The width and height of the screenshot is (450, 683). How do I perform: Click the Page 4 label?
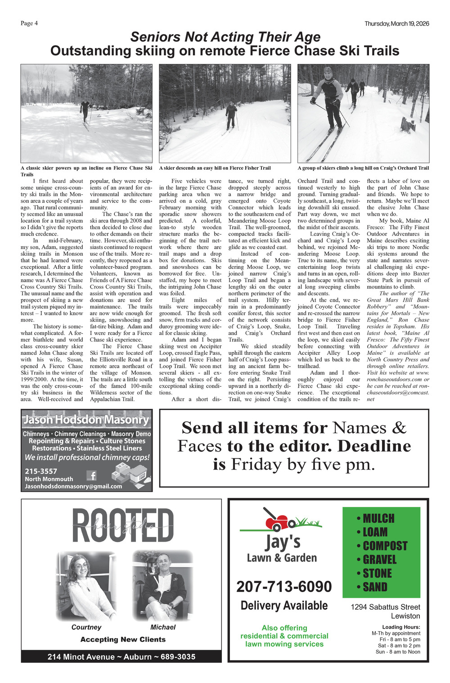click(29, 23)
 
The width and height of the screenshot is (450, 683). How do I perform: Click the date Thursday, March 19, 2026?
click(396, 23)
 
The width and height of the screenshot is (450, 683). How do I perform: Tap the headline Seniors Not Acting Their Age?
click(225, 37)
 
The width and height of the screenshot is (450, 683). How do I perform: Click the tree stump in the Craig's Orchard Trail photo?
click(408, 125)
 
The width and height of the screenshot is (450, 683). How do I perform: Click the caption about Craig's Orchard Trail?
click(363, 168)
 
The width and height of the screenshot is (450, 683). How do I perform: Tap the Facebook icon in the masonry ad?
click(92, 475)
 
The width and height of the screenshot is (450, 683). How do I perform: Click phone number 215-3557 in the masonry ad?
click(41, 471)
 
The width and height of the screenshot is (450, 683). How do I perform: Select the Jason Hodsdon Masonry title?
click(86, 420)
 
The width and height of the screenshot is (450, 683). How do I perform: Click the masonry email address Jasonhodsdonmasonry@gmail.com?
click(73, 486)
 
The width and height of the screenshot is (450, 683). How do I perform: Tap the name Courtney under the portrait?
click(86, 627)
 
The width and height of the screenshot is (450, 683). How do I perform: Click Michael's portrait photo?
click(163, 585)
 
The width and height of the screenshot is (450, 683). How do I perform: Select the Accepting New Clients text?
click(123, 639)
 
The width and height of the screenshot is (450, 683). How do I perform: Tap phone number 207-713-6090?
click(284, 587)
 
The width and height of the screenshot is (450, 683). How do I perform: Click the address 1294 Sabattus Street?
click(385, 607)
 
